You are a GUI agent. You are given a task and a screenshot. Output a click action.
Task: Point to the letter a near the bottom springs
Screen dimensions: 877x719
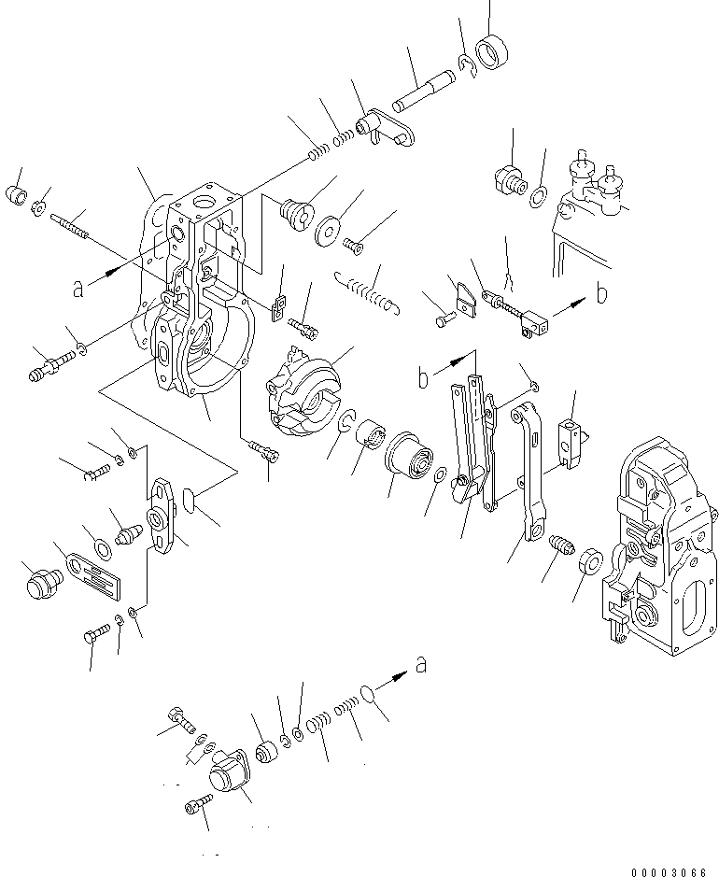tap(422, 664)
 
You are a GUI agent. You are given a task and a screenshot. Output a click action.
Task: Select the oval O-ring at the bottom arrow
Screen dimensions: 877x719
tap(372, 696)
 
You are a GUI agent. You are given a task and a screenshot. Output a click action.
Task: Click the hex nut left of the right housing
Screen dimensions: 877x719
tap(589, 564)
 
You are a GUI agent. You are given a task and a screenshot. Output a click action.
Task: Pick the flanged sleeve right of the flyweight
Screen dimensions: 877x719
tap(410, 458)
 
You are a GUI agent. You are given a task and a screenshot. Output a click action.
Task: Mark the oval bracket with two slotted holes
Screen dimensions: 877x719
tap(162, 516)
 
